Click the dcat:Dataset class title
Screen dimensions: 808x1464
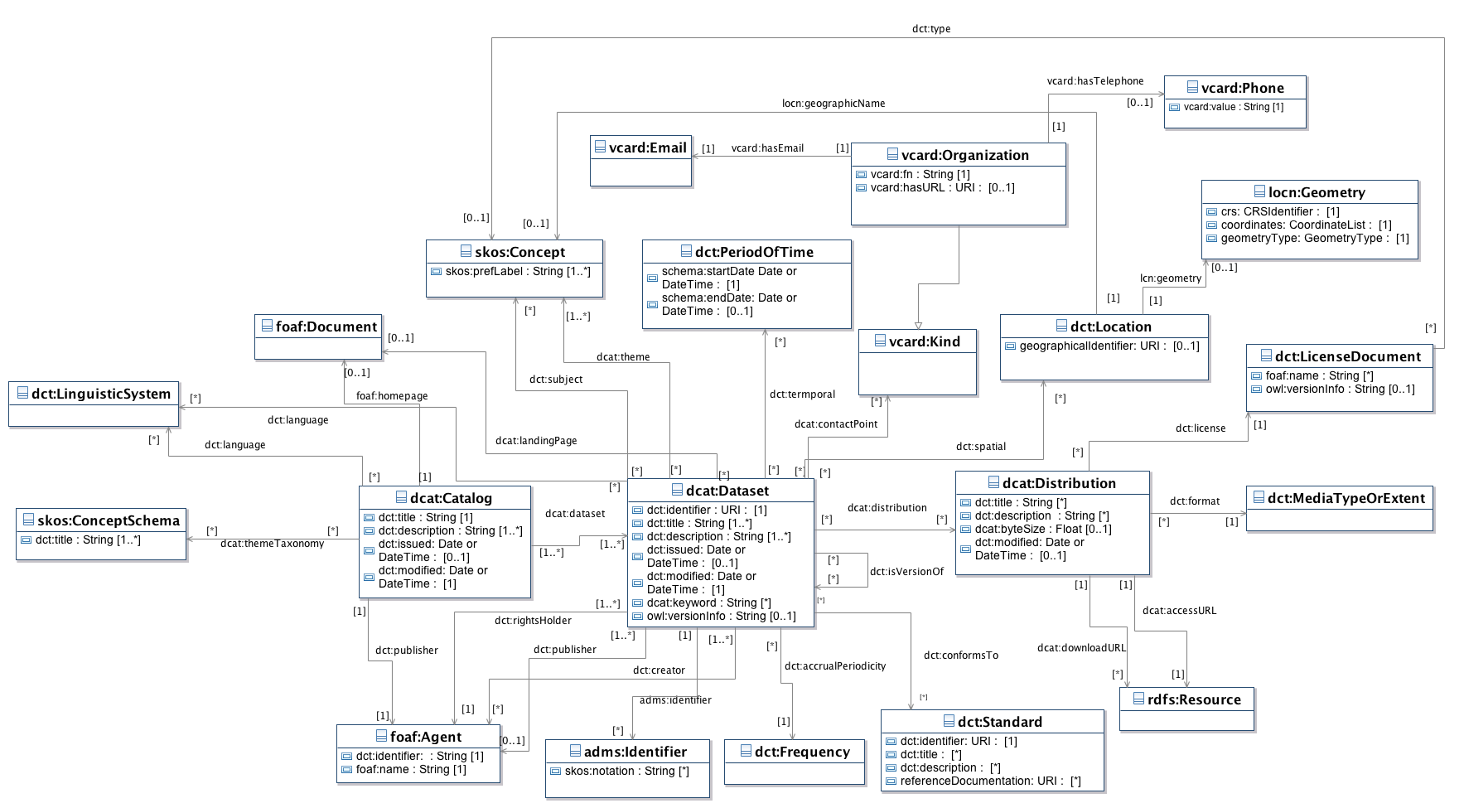click(727, 491)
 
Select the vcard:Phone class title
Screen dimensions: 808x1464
click(1242, 88)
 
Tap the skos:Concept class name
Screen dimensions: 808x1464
click(519, 252)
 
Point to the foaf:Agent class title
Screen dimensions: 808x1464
click(425, 737)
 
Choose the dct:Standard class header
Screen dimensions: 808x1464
click(999, 722)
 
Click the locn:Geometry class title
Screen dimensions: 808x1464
click(1317, 192)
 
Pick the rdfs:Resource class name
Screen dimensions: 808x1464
click(1194, 699)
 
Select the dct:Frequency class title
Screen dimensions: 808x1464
click(802, 752)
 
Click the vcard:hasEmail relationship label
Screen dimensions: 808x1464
click(767, 148)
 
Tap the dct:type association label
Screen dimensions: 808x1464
click(931, 29)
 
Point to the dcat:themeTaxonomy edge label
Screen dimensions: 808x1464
click(272, 544)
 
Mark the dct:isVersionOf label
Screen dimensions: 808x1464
click(906, 572)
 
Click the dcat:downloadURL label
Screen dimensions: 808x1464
click(1081, 648)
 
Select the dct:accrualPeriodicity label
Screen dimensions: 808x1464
click(835, 666)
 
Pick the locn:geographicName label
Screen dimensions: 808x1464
click(833, 104)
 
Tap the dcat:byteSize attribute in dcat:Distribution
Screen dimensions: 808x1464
click(1042, 529)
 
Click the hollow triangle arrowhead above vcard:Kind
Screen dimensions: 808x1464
click(918, 326)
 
